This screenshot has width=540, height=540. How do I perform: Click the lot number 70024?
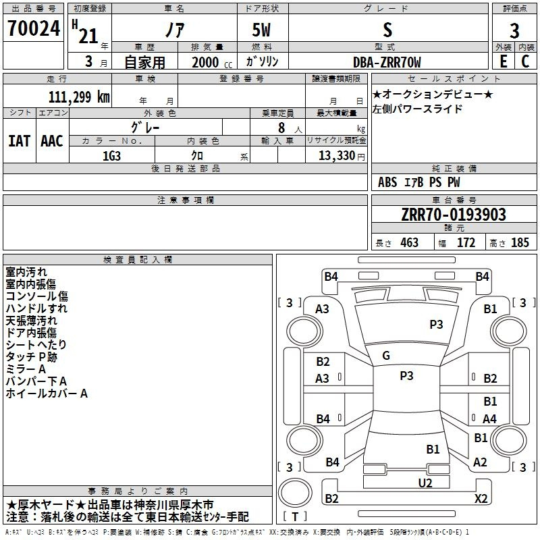[x=34, y=28]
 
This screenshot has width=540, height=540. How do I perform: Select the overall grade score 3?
[x=514, y=30]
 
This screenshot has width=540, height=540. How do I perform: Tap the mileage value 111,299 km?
[x=79, y=97]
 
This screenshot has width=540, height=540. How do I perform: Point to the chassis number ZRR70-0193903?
[x=454, y=214]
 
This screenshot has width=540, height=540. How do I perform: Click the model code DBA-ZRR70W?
[x=387, y=62]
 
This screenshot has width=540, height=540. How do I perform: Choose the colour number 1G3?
[x=111, y=156]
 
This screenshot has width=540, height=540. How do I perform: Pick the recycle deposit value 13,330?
[x=337, y=155]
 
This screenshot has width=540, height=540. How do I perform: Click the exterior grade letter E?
[x=504, y=61]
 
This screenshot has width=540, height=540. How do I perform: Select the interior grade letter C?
[x=525, y=61]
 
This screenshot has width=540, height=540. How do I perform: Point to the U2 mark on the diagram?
[x=425, y=483]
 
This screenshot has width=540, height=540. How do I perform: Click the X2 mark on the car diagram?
[x=481, y=498]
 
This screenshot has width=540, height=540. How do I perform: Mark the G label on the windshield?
[x=386, y=356]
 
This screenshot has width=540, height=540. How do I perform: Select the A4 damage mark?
[x=489, y=418]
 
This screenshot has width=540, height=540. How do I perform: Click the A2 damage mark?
[x=480, y=462]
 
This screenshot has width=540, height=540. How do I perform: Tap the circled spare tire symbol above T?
[x=295, y=493]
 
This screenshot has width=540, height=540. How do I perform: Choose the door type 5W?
[x=261, y=30]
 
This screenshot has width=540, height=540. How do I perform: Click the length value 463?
[x=410, y=242]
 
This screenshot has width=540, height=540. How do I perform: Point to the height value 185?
[x=520, y=242]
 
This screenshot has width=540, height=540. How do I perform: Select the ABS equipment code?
[x=387, y=182]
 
